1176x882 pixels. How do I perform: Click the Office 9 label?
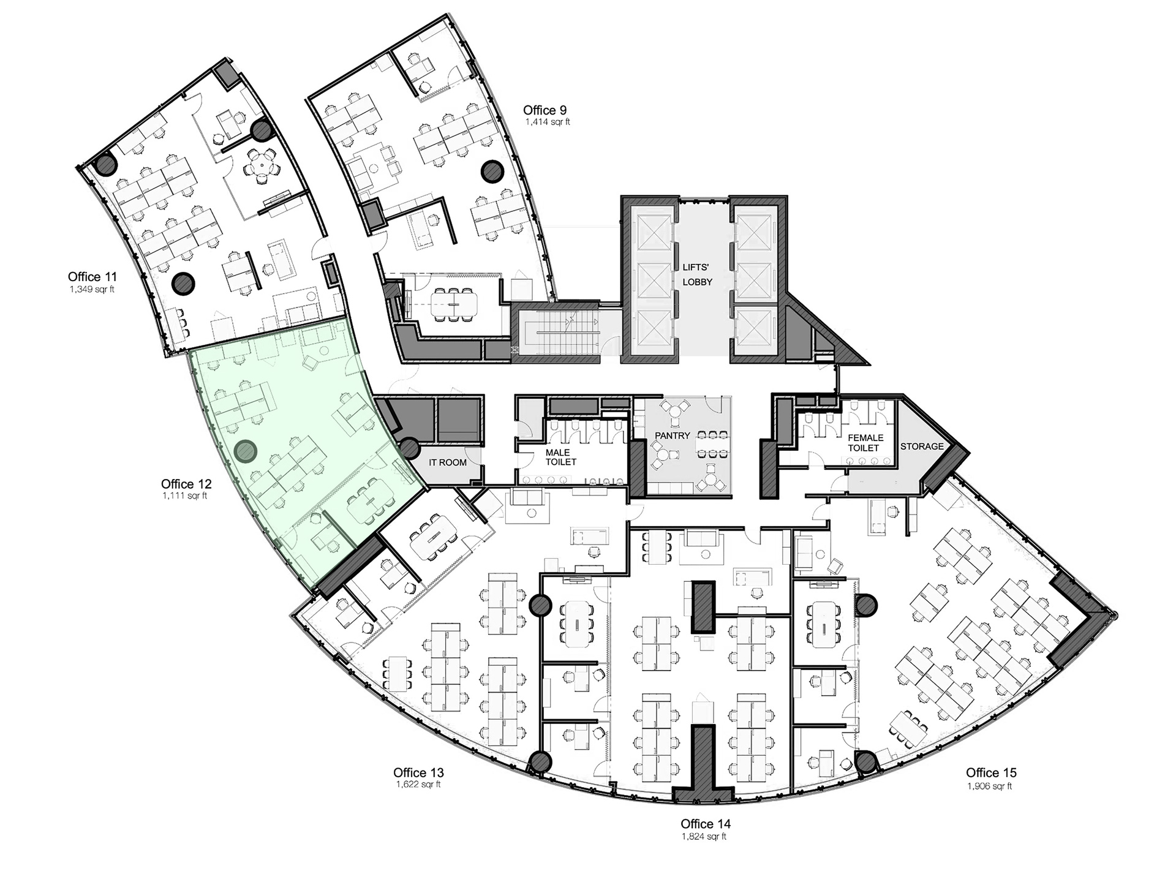pyautogui.click(x=545, y=110)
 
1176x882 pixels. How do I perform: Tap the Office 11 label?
pyautogui.click(x=92, y=277)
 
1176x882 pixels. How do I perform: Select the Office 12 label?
pyautogui.click(x=186, y=484)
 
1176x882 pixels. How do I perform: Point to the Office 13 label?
pyautogui.click(x=418, y=773)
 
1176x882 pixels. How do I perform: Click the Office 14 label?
pyautogui.click(x=706, y=824)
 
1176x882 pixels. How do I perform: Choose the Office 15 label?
pyautogui.click(x=991, y=773)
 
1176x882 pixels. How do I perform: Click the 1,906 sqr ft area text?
pyautogui.click(x=990, y=786)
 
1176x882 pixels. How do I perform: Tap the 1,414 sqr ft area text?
pyautogui.click(x=548, y=122)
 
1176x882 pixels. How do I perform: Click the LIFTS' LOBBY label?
pyautogui.click(x=697, y=274)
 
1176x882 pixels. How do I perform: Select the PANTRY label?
pyautogui.click(x=673, y=435)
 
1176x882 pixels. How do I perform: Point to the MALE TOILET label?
pyautogui.click(x=561, y=457)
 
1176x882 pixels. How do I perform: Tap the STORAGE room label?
pyautogui.click(x=922, y=447)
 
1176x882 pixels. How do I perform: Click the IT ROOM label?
pyautogui.click(x=448, y=462)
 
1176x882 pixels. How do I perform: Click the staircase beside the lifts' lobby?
pyautogui.click(x=557, y=334)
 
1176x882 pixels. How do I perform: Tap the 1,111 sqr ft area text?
pyautogui.click(x=184, y=496)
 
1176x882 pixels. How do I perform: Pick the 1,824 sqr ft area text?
pyautogui.click(x=704, y=837)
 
